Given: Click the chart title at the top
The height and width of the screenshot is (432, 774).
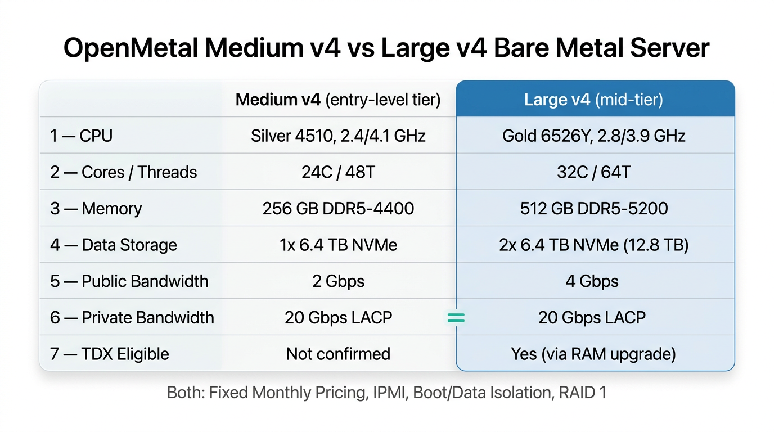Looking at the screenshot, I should pyautogui.click(x=386, y=48).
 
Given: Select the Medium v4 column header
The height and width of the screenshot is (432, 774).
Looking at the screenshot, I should pyautogui.click(x=337, y=100).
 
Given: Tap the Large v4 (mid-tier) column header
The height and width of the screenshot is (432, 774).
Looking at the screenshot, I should pyautogui.click(x=593, y=100).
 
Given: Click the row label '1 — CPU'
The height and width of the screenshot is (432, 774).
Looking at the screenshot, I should pyautogui.click(x=81, y=136).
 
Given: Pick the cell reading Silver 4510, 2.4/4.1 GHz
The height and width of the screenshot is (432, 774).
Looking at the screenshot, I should pyautogui.click(x=338, y=136).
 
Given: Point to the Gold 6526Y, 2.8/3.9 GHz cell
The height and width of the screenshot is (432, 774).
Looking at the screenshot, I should pyautogui.click(x=593, y=136).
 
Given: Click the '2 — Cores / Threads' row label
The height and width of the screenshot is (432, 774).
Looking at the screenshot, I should pyautogui.click(x=123, y=172).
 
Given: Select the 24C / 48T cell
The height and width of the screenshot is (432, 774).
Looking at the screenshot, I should pyautogui.click(x=338, y=172).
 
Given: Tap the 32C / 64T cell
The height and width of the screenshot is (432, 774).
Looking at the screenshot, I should pyautogui.click(x=593, y=172).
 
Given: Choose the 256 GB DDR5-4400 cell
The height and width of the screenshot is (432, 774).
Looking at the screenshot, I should pyautogui.click(x=338, y=209).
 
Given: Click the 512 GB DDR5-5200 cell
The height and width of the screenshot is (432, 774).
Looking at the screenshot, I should pyautogui.click(x=593, y=209).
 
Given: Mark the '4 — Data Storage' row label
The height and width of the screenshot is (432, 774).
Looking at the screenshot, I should pyautogui.click(x=113, y=245).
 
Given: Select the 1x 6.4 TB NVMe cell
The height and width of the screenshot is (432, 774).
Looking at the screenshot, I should pyautogui.click(x=338, y=245).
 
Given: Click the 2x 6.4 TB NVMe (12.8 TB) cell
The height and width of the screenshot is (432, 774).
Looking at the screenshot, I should pyautogui.click(x=593, y=245).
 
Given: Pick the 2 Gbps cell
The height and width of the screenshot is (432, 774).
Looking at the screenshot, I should pyautogui.click(x=338, y=281).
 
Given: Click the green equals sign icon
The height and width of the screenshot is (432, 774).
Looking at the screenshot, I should pyautogui.click(x=456, y=318).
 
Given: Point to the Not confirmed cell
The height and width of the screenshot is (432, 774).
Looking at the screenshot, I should pyautogui.click(x=338, y=354).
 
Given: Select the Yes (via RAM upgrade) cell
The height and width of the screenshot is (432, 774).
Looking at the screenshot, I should pyautogui.click(x=593, y=354).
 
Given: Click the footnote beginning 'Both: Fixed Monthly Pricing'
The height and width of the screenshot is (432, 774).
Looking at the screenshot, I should pyautogui.click(x=386, y=392).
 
